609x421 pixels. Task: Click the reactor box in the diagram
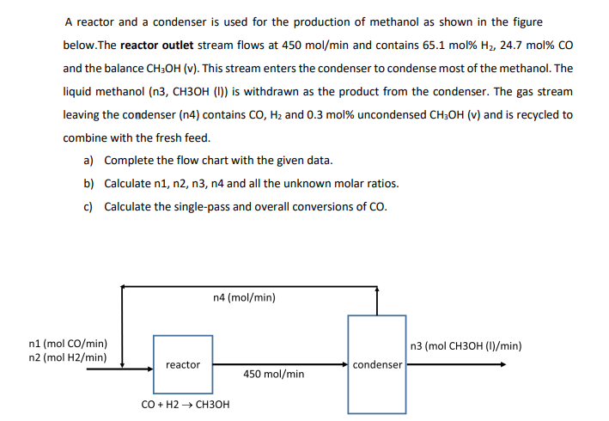pyautogui.click(x=183, y=364)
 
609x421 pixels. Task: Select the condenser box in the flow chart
pyautogui.click(x=377, y=363)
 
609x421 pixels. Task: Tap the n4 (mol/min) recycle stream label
pyautogui.click(x=244, y=298)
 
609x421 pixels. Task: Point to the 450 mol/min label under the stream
pyautogui.click(x=273, y=374)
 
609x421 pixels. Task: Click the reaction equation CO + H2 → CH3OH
pyautogui.click(x=185, y=404)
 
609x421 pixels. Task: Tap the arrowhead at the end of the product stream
pyautogui.click(x=502, y=364)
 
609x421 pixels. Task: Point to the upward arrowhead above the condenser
pyautogui.click(x=377, y=290)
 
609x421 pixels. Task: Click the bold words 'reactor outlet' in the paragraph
pyautogui.click(x=158, y=45)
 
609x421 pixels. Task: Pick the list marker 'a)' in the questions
pyautogui.click(x=88, y=161)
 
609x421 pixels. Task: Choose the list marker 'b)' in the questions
pyautogui.click(x=88, y=184)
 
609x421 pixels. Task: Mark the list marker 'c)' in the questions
pyautogui.click(x=88, y=207)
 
